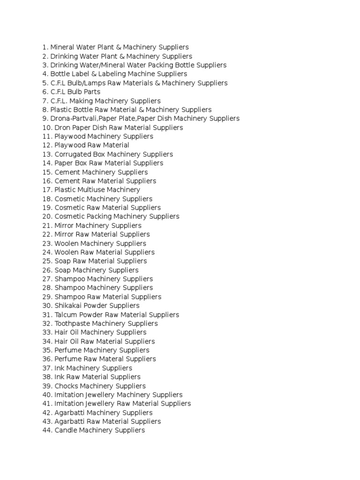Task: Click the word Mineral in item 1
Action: [x=62, y=47]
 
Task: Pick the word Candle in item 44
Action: [x=67, y=430]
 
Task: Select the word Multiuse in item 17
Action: [x=90, y=190]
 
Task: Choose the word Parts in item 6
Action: [x=91, y=92]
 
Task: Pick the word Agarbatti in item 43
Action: [x=69, y=421]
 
